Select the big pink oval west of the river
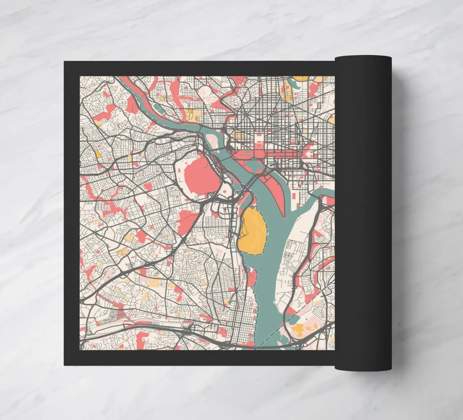[198, 177]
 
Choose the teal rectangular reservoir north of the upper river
[158, 108]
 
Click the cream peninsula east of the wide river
[289, 261]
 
